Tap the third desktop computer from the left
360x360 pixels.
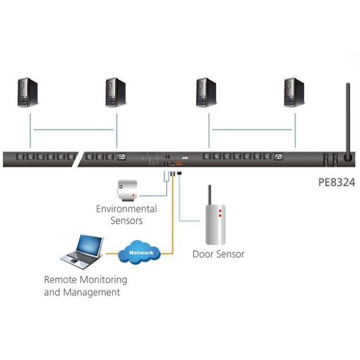coord(206,92)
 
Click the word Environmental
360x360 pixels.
coord(127,209)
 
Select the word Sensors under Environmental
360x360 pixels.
coord(127,220)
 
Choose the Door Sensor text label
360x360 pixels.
coord(218,254)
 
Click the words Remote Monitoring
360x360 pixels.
coord(85,280)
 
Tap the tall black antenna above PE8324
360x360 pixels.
coord(346,120)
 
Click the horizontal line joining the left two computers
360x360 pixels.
coord(73,130)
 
